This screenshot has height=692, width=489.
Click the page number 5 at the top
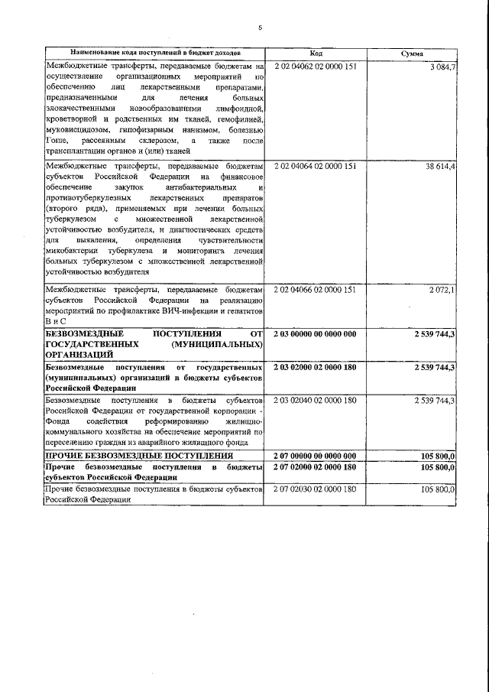[260, 28]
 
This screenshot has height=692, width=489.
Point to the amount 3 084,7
[442, 67]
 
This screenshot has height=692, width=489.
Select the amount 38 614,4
[440, 165]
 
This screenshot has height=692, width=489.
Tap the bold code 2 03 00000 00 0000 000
[315, 334]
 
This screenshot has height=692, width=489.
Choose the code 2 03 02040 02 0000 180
[315, 400]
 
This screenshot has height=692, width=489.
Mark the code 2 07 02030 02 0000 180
[315, 488]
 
